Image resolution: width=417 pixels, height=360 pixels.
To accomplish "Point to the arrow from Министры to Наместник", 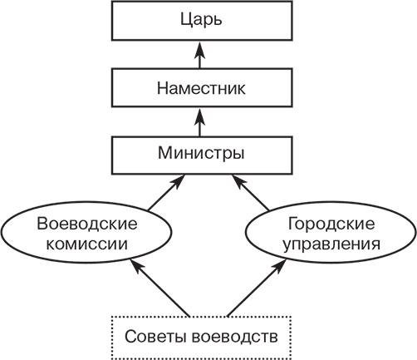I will tap(200, 121).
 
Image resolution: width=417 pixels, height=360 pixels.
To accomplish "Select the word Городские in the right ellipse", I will tap(331, 225).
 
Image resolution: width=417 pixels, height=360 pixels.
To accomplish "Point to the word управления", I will tap(331, 245).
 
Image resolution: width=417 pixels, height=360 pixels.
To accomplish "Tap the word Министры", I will tap(200, 154).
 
